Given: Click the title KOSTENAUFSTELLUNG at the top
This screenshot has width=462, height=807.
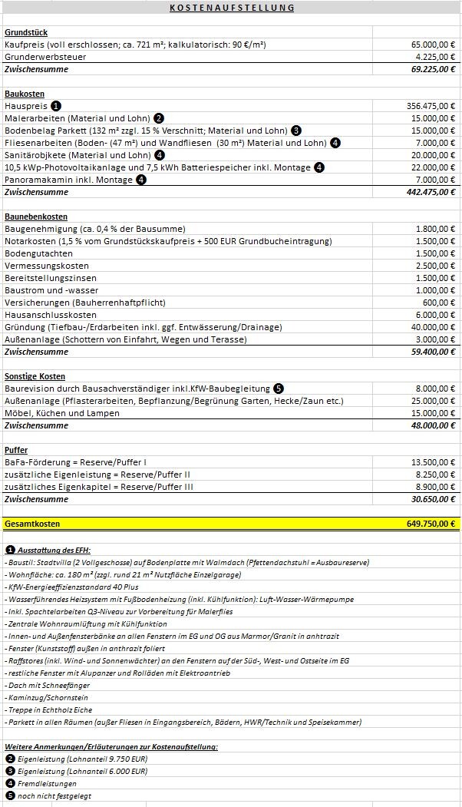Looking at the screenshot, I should (x=231, y=8).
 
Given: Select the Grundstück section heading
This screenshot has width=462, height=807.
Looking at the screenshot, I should (x=26, y=32).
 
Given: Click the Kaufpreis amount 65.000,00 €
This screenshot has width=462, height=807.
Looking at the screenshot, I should (x=433, y=45).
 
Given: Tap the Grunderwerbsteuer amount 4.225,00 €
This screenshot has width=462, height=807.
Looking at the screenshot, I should (x=435, y=57).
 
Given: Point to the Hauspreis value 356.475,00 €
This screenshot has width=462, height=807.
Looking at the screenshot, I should (x=431, y=106).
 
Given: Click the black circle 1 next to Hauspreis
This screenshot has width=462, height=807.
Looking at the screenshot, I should (x=56, y=106).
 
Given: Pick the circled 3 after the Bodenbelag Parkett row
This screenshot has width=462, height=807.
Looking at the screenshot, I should (x=295, y=131).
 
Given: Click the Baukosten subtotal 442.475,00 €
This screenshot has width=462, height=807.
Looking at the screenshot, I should (x=431, y=192).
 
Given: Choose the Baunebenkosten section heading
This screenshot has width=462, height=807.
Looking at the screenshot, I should (x=36, y=217).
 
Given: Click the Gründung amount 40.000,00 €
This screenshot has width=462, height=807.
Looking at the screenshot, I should (x=433, y=327).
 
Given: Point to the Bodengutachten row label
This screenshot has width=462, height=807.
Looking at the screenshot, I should (x=38, y=253).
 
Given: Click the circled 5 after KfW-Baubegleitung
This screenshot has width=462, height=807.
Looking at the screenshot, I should (x=278, y=389).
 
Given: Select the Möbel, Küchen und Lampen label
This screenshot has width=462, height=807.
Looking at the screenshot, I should (x=62, y=413).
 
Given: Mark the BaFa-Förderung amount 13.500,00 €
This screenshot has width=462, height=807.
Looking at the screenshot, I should (x=433, y=462).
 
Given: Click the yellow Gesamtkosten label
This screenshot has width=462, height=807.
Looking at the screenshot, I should (x=32, y=524).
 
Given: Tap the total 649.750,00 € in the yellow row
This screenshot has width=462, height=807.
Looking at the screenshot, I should (x=431, y=524).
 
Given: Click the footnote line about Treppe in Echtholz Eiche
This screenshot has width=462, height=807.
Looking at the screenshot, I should (x=49, y=710).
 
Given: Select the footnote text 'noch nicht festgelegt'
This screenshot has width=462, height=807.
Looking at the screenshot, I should (x=53, y=795).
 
